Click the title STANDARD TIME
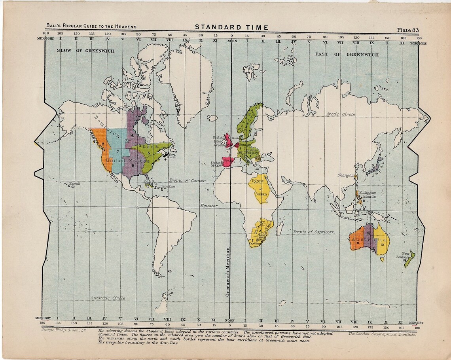[x=231, y=27]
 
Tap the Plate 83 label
[x=408, y=30]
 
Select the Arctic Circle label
[x=340, y=114]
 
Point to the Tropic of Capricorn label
[x=314, y=231]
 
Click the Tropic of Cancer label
[x=187, y=180]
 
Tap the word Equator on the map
[x=209, y=206]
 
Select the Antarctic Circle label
[x=108, y=298]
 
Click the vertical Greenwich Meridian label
[x=227, y=272]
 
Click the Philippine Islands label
[x=368, y=194]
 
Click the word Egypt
[x=256, y=181]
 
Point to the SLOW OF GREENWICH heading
[x=85, y=51]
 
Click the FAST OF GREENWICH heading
[x=347, y=54]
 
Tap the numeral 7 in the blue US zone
[x=117, y=152]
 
